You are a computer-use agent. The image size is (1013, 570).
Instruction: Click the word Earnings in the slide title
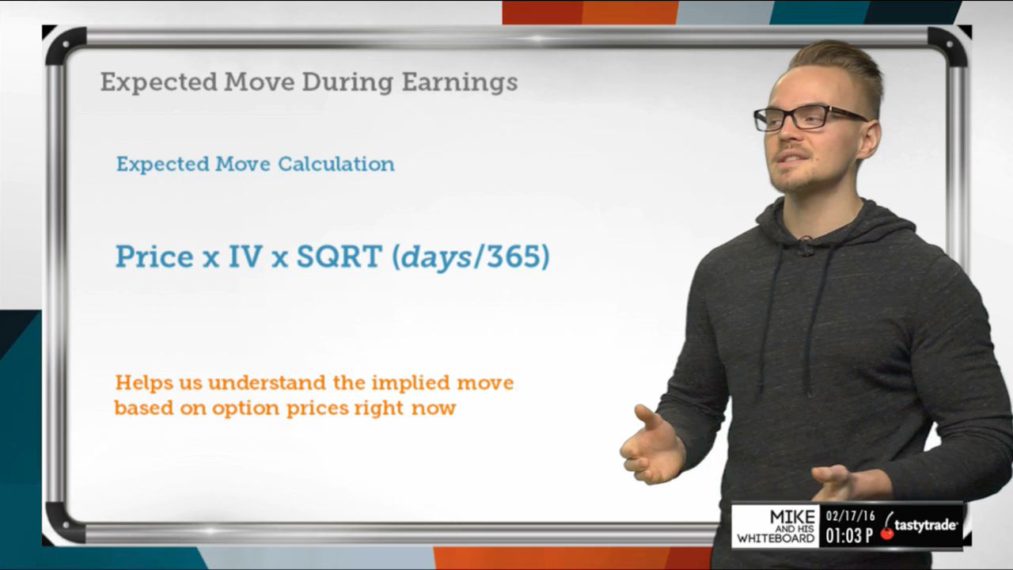click(x=460, y=83)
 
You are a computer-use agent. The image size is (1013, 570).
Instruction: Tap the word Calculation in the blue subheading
click(x=336, y=164)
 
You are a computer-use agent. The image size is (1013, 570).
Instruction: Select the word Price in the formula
click(x=154, y=257)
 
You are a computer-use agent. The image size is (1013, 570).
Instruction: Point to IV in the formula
click(x=245, y=256)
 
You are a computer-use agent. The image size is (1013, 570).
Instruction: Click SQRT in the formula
click(x=340, y=256)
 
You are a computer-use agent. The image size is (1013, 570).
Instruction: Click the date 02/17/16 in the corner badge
click(x=850, y=515)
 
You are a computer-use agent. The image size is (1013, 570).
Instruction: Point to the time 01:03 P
click(x=849, y=535)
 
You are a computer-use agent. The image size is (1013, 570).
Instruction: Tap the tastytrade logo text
click(x=925, y=525)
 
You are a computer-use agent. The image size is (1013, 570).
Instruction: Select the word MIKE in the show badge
click(x=792, y=517)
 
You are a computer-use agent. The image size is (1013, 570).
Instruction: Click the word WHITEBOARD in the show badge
click(x=776, y=538)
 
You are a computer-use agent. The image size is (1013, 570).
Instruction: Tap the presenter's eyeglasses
click(x=810, y=118)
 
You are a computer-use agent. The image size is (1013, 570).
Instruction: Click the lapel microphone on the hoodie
click(x=805, y=245)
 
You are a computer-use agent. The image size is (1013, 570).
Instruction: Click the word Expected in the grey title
click(x=159, y=83)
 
